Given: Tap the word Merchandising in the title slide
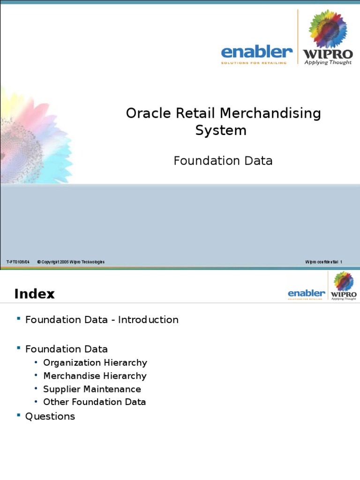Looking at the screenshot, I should pyautogui.click(x=270, y=113).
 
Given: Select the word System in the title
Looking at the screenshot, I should pyautogui.click(x=220, y=130).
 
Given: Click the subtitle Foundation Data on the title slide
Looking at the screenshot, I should pyautogui.click(x=223, y=161).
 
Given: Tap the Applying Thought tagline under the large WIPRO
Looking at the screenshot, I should pyautogui.click(x=328, y=62).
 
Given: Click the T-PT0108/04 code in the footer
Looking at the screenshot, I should pyautogui.click(x=18, y=262).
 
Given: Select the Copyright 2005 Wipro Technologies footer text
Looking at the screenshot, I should pyautogui.click(x=71, y=262).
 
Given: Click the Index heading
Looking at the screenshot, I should pyautogui.click(x=34, y=294).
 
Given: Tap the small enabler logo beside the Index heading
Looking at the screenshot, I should pyautogui.click(x=306, y=294).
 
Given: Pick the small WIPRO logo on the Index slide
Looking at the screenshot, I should pyautogui.click(x=344, y=295).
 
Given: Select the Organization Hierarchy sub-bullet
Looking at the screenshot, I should pyautogui.click(x=95, y=362).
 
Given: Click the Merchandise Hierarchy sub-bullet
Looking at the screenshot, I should pyautogui.click(x=95, y=375).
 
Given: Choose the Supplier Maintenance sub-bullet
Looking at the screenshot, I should pyautogui.click(x=92, y=389).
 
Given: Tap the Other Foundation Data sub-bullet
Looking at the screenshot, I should pyautogui.click(x=94, y=402).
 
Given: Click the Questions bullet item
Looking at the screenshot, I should pyautogui.click(x=50, y=416).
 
